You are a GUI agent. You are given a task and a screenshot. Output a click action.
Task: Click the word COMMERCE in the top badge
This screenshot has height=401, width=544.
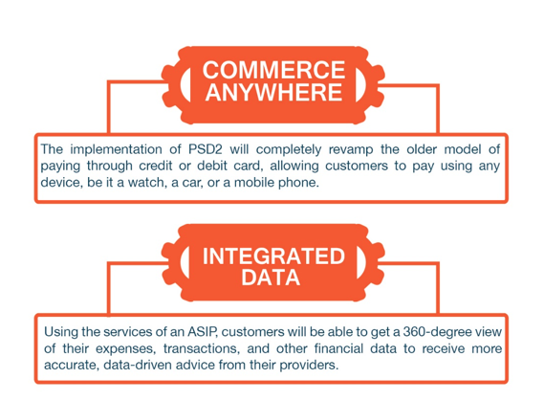pyautogui.click(x=273, y=70)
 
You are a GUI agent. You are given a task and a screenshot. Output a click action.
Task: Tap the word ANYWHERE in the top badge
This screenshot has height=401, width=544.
pyautogui.click(x=273, y=92)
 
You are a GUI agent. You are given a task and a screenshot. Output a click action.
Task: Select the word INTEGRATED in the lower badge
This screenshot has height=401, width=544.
pyautogui.click(x=273, y=256)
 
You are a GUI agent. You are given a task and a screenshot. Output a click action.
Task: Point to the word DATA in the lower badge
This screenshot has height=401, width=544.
pyautogui.click(x=271, y=278)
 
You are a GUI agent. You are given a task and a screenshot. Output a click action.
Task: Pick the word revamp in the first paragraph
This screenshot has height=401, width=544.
pyautogui.click(x=351, y=150)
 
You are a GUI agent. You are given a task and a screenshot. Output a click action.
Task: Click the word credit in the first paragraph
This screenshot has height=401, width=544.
pyautogui.click(x=156, y=166)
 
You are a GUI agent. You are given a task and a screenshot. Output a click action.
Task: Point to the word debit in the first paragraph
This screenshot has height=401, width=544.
pyautogui.click(x=211, y=166)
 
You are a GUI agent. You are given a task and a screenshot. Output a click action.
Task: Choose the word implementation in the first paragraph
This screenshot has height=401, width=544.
pyautogui.click(x=116, y=150)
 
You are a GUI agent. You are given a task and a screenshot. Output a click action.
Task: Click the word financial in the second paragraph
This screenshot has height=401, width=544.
pyautogui.click(x=338, y=348)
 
